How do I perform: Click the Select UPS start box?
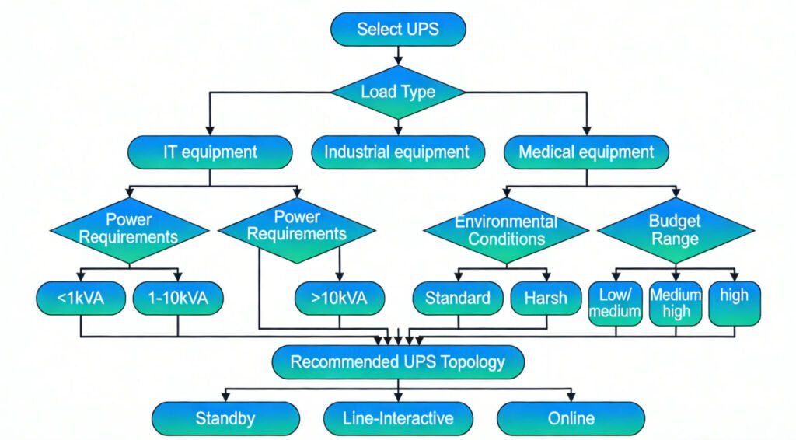coord(398,30)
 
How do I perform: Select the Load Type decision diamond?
coord(398,92)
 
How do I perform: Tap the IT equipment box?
coord(210,152)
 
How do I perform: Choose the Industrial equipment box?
coord(396,152)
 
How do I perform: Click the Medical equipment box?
coord(586,152)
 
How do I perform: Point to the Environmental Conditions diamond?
coord(506,229)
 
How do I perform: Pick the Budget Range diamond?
coord(675,229)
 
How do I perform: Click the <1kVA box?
coord(81,298)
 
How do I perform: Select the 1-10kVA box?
coord(177,298)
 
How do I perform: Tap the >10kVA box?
coord(340,298)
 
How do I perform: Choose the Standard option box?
coord(457,298)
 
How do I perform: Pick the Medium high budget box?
coord(675,303)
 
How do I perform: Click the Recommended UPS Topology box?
coord(398,361)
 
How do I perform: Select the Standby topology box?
coord(225,418)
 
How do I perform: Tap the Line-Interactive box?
coord(398,418)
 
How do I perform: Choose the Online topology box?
coord(571,418)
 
